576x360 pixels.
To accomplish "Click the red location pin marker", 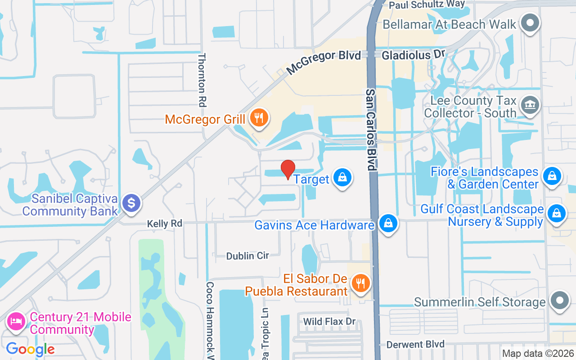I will (288, 169).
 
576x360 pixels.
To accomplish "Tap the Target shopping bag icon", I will (342, 178).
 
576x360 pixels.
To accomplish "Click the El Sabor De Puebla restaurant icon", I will (360, 283).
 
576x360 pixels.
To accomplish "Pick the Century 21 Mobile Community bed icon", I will (16, 322).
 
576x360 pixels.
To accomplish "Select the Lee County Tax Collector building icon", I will (530, 106).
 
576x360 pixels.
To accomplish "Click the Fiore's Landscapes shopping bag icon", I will (552, 176).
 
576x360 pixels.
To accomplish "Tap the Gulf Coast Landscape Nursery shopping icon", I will (557, 213).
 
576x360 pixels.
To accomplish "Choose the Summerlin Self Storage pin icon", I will (560, 300).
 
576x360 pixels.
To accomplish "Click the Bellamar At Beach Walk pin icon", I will (530, 22).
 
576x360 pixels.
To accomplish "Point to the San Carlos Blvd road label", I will (370, 129).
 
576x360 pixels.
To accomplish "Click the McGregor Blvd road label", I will (324, 62).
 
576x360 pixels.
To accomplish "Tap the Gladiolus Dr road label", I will (413, 55).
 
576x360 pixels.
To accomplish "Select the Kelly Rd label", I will (164, 224).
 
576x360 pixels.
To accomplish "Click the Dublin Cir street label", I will (247, 256).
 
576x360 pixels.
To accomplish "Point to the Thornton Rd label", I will (202, 80).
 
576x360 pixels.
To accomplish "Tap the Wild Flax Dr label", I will (329, 322).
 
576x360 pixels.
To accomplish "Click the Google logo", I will (30, 349).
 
